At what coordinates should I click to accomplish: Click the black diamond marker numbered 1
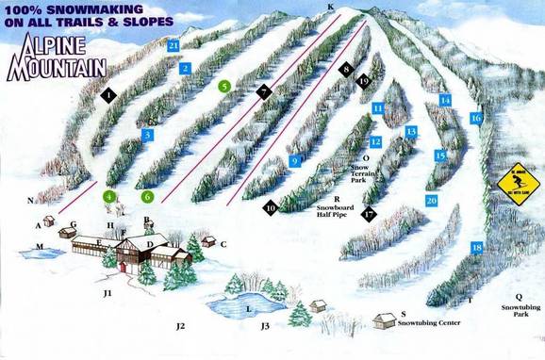(110, 95)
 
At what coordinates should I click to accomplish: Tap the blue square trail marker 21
(173, 45)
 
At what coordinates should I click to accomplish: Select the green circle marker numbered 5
(224, 86)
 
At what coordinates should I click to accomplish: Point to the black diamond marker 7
(264, 91)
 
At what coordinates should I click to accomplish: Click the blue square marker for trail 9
(295, 161)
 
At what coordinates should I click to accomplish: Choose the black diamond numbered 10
(271, 208)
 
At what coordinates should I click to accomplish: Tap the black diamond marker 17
(369, 214)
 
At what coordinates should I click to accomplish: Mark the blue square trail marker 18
(476, 248)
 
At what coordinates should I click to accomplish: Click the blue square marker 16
(476, 118)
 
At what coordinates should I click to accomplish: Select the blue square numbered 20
(431, 201)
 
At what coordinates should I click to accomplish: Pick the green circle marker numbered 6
(147, 197)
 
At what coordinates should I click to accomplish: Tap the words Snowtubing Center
(428, 323)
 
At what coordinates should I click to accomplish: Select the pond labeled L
(236, 306)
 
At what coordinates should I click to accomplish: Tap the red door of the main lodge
(122, 267)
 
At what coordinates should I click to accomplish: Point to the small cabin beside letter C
(210, 241)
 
